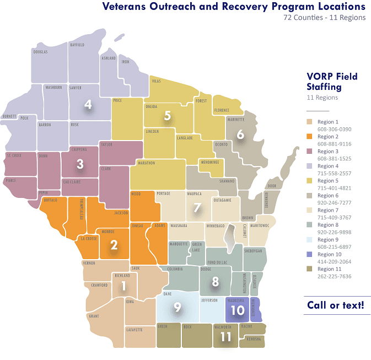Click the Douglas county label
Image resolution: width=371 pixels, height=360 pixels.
click(x=40, y=52)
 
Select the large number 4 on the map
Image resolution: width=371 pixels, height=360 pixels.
click(x=88, y=105)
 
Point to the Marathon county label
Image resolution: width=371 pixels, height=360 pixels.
click(x=146, y=163)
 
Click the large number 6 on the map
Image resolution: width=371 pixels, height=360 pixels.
click(x=240, y=134)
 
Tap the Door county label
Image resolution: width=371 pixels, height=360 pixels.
click(x=271, y=186)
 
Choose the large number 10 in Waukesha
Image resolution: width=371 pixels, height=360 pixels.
click(x=237, y=310)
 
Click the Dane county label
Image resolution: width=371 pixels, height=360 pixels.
click(x=168, y=294)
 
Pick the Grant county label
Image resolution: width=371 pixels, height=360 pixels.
click(x=94, y=316)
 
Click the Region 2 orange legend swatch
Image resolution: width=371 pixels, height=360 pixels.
click(x=311, y=136)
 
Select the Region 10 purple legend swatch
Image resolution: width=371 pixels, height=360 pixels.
click(x=311, y=255)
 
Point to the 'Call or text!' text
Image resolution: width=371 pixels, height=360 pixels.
click(x=335, y=305)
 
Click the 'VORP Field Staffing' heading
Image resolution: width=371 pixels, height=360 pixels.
click(x=332, y=82)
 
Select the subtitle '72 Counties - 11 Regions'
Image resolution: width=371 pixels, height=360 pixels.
click(x=324, y=18)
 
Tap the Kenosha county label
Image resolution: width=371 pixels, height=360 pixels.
click(x=254, y=338)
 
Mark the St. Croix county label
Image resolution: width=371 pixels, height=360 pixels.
click(x=14, y=156)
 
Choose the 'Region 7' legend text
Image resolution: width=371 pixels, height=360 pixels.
click(x=328, y=211)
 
